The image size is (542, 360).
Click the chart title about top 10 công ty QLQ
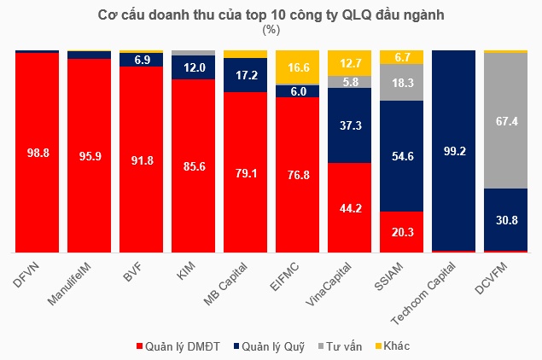tap(271, 15)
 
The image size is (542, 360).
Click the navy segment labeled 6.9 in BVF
tap(141, 60)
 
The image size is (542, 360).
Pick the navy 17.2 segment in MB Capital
tap(245, 75)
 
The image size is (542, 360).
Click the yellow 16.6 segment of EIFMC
tap(297, 67)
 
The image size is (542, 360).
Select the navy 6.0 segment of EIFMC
tap(297, 91)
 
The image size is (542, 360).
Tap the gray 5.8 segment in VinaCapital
tap(349, 82)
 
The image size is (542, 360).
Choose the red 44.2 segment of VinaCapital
tap(349, 207)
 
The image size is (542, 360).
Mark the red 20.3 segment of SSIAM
tap(401, 232)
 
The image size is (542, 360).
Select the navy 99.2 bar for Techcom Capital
tap(453, 150)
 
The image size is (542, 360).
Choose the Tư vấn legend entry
tap(343, 345)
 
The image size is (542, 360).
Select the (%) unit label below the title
tap(271, 30)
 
